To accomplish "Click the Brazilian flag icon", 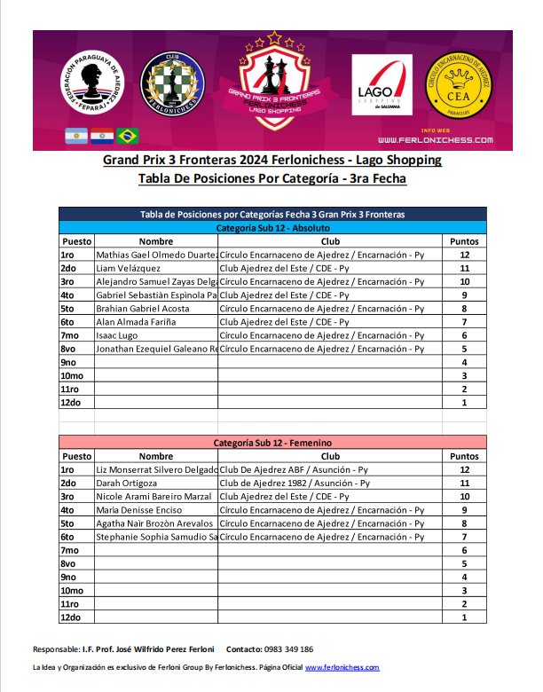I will pyautogui.click(x=128, y=136).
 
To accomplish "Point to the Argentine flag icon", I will pyautogui.click(x=75, y=136).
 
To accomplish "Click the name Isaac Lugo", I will pyautogui.click(x=116, y=334).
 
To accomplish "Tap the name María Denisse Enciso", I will pyautogui.click(x=139, y=509).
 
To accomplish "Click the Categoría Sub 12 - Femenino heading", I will pyautogui.click(x=273, y=442).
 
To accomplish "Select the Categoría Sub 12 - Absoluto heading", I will pyautogui.click(x=273, y=228).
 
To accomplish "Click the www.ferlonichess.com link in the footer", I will pyautogui.click(x=342, y=667).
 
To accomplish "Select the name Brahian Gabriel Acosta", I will pyautogui.click(x=143, y=308).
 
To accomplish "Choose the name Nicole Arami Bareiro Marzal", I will pyautogui.click(x=153, y=496).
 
